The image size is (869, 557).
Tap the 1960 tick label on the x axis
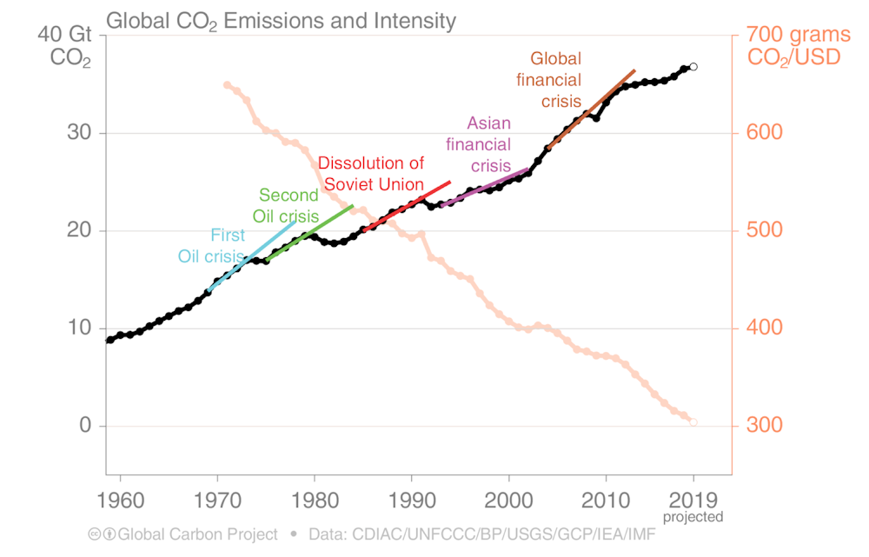pos(120,501)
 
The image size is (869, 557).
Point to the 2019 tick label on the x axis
pos(693,501)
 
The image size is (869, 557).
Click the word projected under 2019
pos(693,517)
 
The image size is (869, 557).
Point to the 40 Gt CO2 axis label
pos(65,48)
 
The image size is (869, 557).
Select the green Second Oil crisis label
pos(286,205)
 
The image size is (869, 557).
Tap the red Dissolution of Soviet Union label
pos(372,174)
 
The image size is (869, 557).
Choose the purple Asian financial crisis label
pos(481,144)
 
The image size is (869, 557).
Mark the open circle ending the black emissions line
pos(693,67)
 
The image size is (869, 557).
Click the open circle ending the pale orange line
pos(693,422)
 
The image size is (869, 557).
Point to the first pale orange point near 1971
pos(227,85)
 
